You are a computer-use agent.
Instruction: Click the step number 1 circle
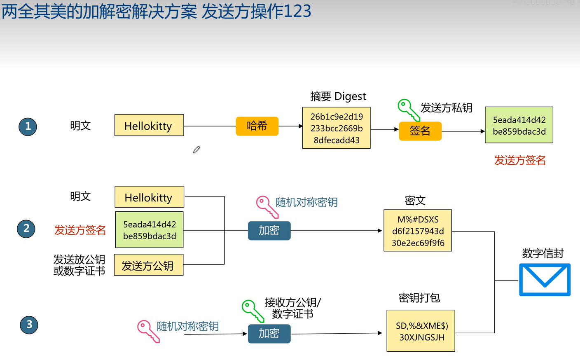pos(28,126)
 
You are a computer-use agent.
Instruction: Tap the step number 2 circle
pos(26,229)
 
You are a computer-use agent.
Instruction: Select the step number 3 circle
pos(29,325)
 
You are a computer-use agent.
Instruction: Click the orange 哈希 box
pos(257,126)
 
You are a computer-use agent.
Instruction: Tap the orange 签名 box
pos(420,131)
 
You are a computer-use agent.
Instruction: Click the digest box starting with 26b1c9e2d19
pos(337,128)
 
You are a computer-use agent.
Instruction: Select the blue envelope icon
pos(545,280)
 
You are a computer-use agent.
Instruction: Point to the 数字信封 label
pos(543,253)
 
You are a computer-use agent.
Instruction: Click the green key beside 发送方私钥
pos(409,110)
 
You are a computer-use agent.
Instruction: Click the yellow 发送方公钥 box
pos(149,265)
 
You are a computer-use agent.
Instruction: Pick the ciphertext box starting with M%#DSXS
pos(418,231)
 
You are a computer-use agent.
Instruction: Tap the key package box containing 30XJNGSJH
pos(421,331)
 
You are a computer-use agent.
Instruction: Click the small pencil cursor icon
pos(196,150)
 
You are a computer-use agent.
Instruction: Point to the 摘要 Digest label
pos(338,96)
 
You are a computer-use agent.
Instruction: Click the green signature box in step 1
pos(519,125)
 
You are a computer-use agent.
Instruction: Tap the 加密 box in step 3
pos(269,334)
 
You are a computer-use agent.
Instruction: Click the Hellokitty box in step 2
pos(150,197)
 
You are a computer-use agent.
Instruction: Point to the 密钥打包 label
pos(419,298)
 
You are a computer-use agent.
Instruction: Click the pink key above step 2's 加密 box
pos(267,207)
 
